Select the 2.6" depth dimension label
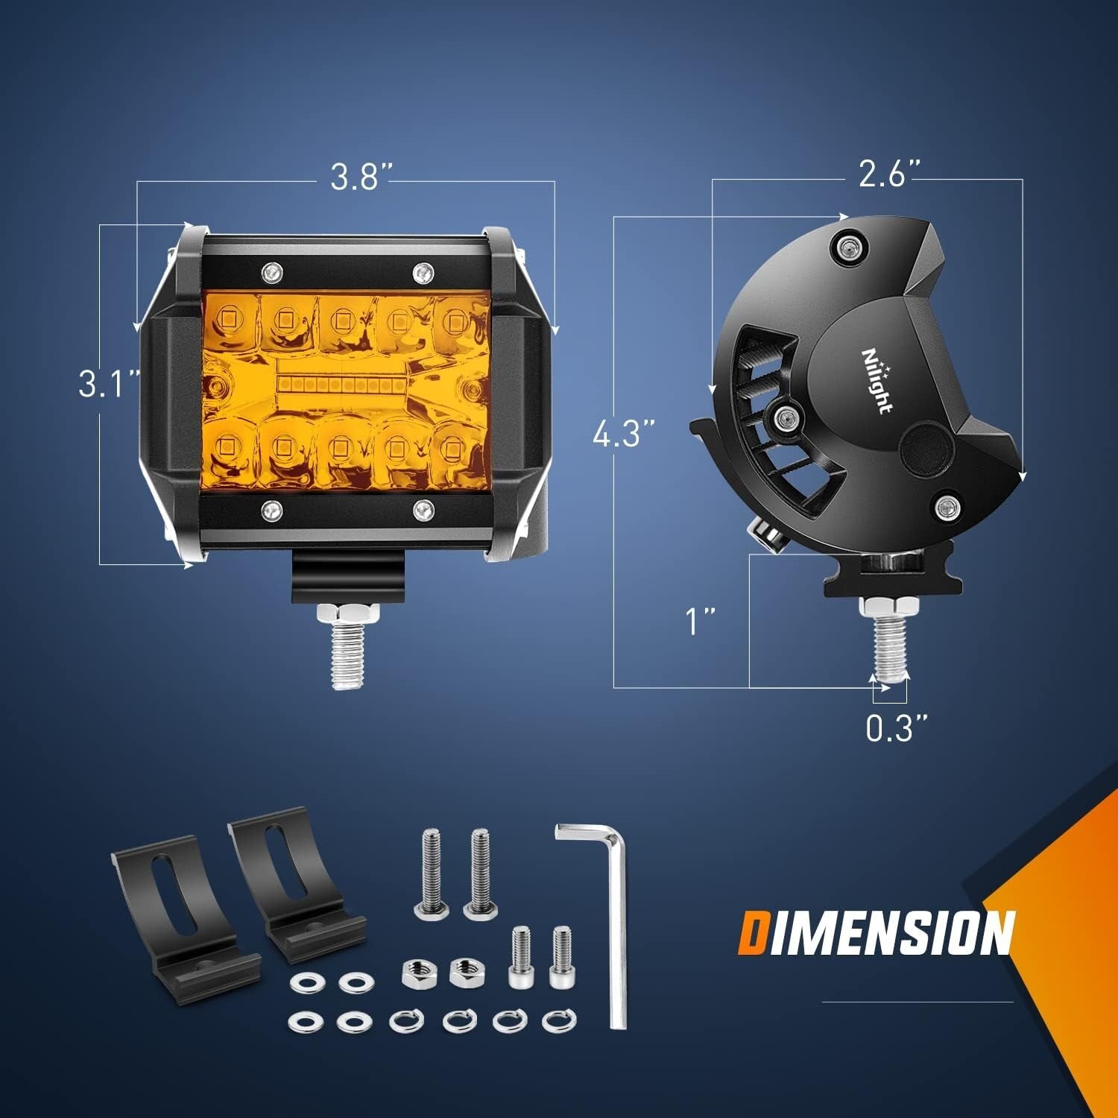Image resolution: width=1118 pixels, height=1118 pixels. pos(891,175)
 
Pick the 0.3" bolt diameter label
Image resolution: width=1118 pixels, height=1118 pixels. pos(897,727)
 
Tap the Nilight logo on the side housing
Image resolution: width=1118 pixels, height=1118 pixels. pos(877,381)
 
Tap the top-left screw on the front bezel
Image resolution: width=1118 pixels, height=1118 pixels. pos(271,270)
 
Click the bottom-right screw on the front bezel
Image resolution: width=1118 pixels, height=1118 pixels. pos(423,508)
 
